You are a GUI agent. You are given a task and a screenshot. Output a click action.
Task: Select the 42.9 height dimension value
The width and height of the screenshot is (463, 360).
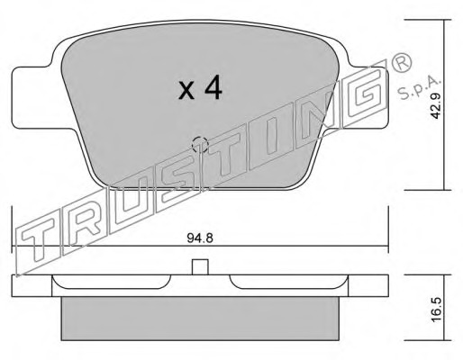click(435, 105)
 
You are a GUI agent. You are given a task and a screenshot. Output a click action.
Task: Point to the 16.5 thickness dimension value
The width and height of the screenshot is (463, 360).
click(435, 310)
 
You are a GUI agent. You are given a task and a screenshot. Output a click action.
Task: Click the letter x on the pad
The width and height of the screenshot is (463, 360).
click(186, 91)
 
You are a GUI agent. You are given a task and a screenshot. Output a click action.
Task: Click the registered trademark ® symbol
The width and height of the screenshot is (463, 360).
click(401, 64)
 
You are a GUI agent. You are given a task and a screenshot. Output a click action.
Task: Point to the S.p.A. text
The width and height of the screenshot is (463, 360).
click(418, 87)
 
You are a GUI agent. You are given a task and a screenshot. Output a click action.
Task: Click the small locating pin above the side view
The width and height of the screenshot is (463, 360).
click(200, 267)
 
